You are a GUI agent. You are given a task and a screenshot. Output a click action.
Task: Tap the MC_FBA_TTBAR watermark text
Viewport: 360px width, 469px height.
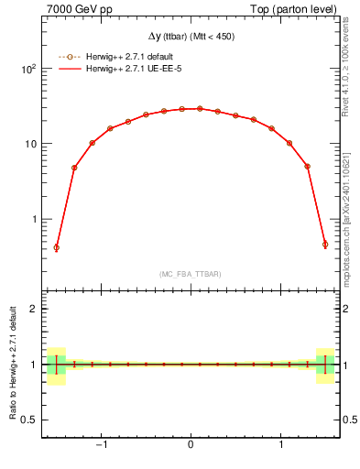[190, 274]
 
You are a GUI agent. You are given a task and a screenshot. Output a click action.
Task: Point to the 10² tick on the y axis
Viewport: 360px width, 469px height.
[29, 69]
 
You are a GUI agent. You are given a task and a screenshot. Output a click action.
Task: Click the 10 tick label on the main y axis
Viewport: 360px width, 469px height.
[32, 144]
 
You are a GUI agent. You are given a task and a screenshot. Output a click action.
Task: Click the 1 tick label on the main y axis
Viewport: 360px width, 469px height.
[36, 220]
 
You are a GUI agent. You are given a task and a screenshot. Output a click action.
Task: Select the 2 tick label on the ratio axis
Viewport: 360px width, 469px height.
[36, 309]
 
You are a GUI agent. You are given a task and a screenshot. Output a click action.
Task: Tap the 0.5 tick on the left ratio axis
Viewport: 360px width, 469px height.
[30, 420]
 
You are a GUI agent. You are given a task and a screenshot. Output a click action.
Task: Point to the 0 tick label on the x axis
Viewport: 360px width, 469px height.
[190, 446]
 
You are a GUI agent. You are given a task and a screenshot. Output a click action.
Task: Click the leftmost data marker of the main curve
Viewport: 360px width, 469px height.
[56, 247]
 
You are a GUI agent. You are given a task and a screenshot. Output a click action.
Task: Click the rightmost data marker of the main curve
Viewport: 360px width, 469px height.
[324, 245]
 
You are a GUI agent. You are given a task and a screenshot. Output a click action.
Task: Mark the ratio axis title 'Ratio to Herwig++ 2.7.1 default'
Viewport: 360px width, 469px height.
[12, 364]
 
